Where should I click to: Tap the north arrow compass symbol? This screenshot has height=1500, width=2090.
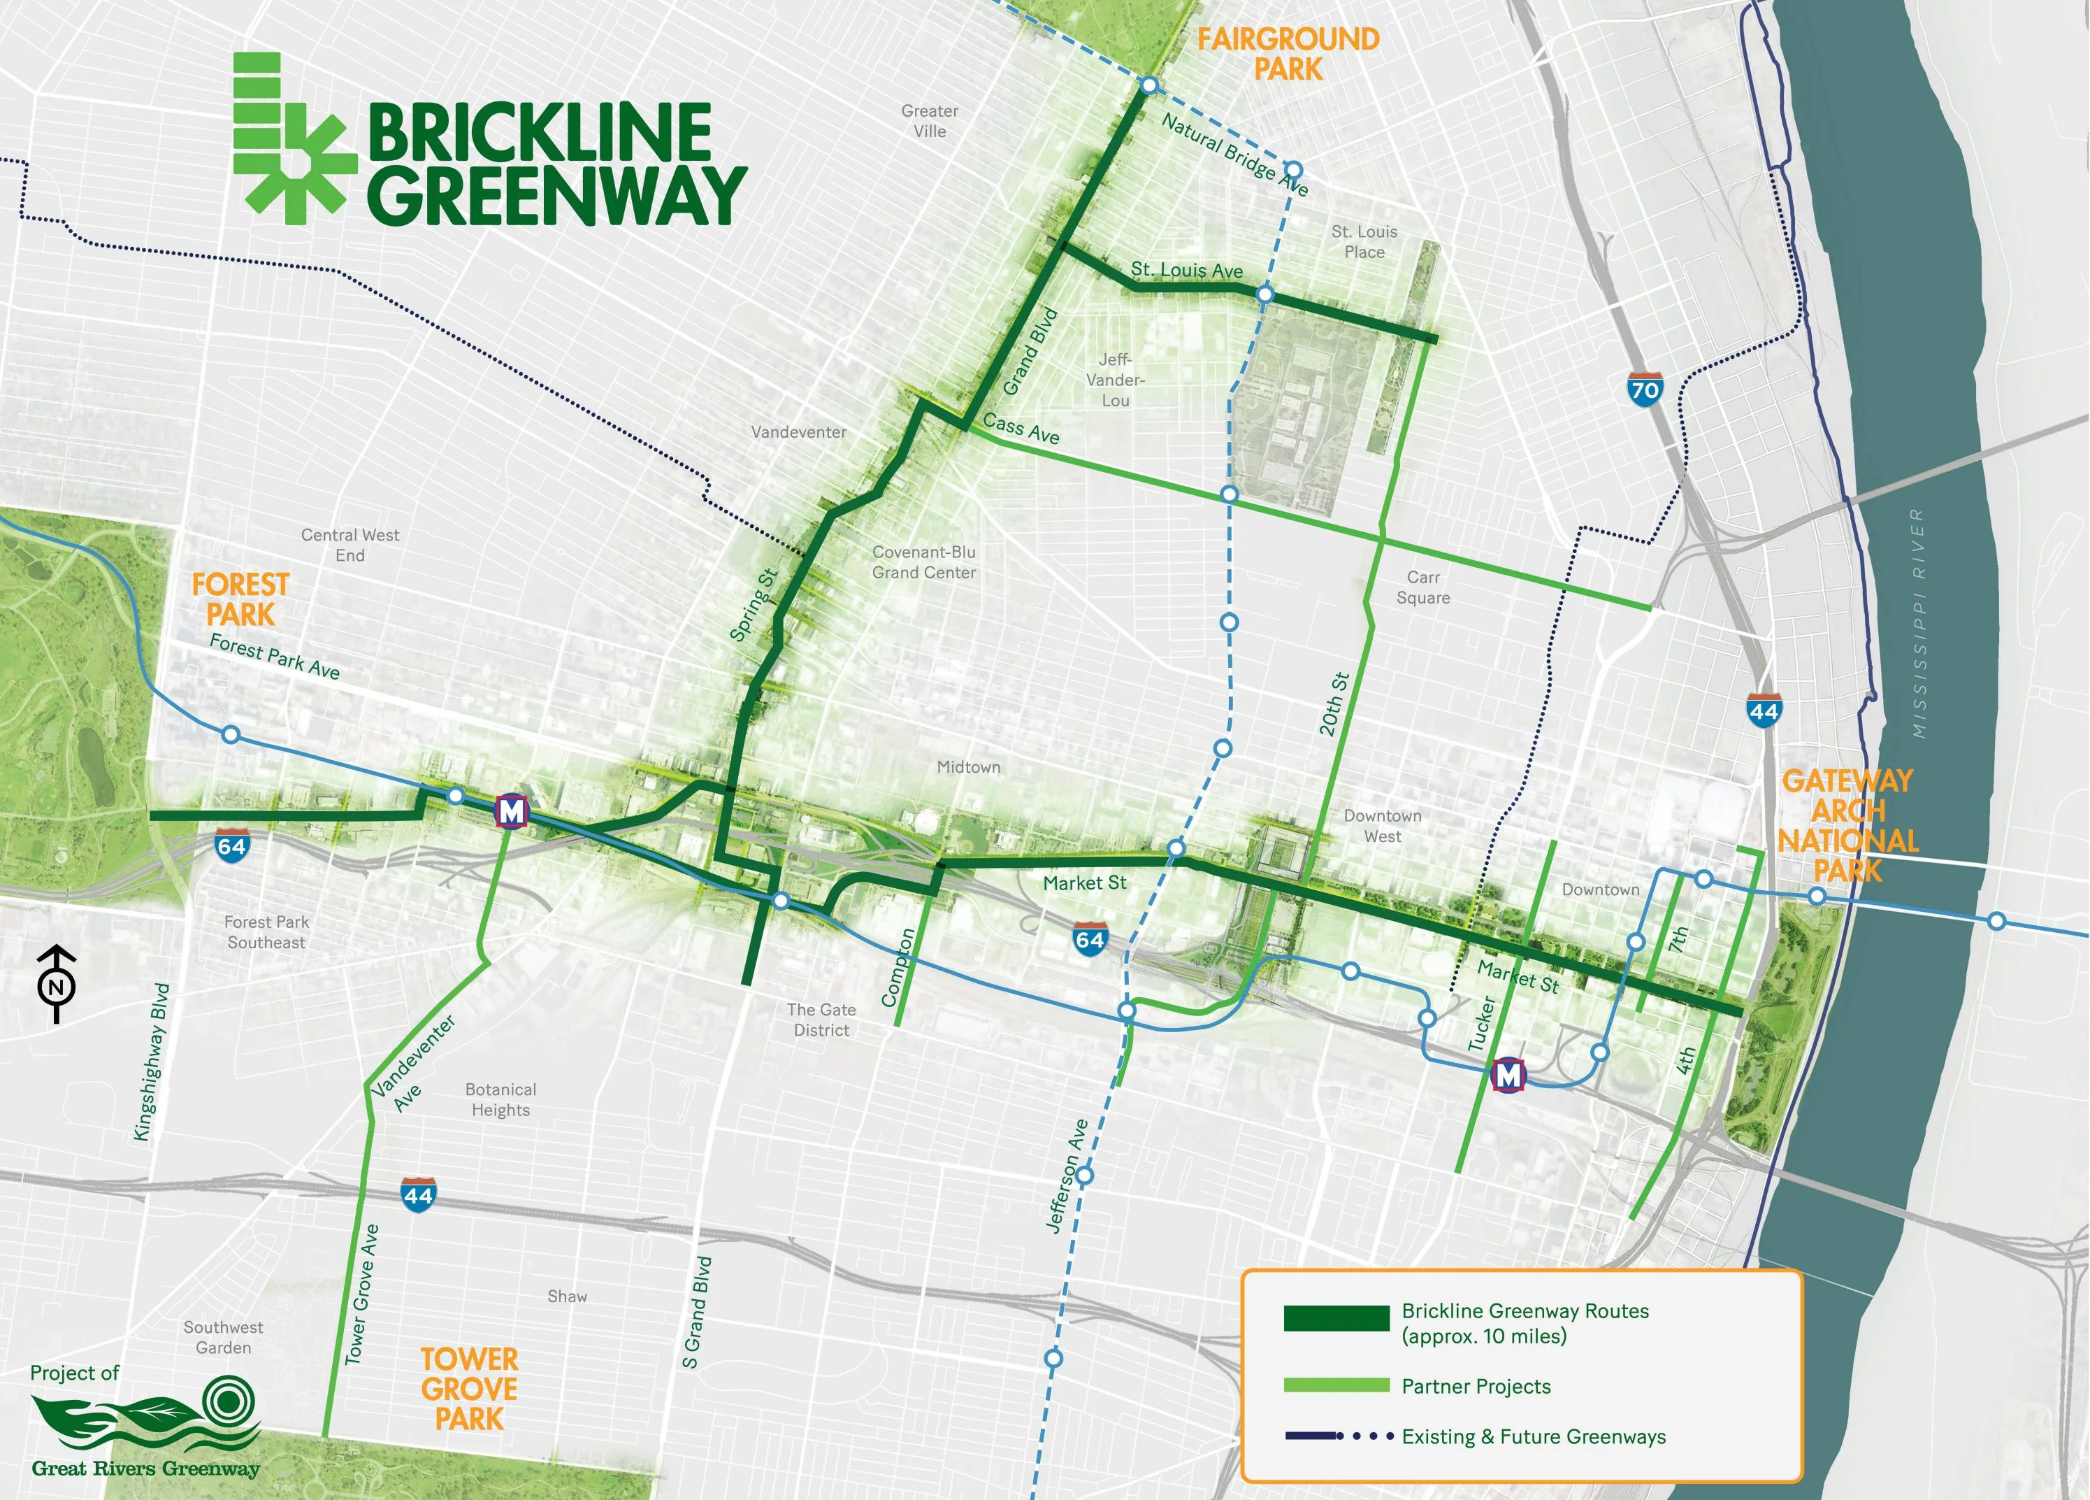[56, 984]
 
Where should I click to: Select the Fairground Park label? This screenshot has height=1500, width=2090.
[1288, 53]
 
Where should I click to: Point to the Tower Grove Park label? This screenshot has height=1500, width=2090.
[469, 1388]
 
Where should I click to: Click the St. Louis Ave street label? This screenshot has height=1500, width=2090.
[1187, 270]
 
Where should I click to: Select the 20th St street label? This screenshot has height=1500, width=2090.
[1334, 704]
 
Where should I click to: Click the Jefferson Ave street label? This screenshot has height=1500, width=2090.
[1068, 1176]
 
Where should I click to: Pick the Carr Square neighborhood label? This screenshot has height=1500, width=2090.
[1423, 587]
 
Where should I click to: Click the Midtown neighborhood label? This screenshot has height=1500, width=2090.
[969, 767]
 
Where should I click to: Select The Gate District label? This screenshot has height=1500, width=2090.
[821, 1020]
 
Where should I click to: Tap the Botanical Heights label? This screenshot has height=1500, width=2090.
[500, 1100]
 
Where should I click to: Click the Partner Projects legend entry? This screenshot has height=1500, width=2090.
[1476, 1387]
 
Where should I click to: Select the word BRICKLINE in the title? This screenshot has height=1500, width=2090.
[540, 133]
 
